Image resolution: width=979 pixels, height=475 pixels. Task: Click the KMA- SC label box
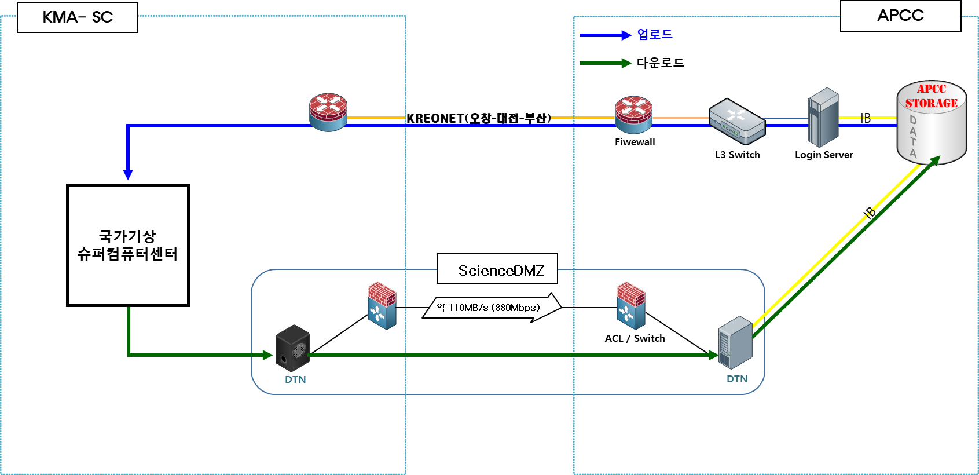[78, 17]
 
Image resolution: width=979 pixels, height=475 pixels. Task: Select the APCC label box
[900, 16]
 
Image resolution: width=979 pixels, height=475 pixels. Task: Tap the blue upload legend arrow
[606, 35]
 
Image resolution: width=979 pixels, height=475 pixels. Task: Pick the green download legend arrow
[606, 63]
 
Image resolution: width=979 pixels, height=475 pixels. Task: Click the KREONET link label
[479, 118]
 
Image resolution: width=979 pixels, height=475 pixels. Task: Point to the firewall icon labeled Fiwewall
[633, 115]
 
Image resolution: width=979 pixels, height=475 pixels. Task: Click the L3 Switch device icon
[737, 122]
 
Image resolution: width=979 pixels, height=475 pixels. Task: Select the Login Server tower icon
[823, 118]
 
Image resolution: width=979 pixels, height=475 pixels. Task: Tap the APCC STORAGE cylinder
[932, 122]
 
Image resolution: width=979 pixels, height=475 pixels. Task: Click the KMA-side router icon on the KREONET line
[328, 112]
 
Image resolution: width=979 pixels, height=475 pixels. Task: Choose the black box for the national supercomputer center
[128, 245]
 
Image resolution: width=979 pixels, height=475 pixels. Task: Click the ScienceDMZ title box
[497, 269]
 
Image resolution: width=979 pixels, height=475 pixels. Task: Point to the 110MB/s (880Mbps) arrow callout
[492, 308]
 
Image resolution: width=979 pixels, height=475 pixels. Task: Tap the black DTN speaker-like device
[292, 348]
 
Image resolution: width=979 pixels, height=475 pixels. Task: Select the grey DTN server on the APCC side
[735, 342]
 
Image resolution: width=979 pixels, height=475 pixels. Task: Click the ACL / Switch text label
[635, 338]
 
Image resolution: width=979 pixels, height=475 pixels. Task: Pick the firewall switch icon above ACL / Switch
[630, 305]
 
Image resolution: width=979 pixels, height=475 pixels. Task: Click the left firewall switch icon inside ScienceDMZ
[382, 306]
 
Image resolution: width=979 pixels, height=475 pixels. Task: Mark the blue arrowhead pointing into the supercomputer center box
[128, 175]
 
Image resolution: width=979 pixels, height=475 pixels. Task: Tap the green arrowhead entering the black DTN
[267, 355]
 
